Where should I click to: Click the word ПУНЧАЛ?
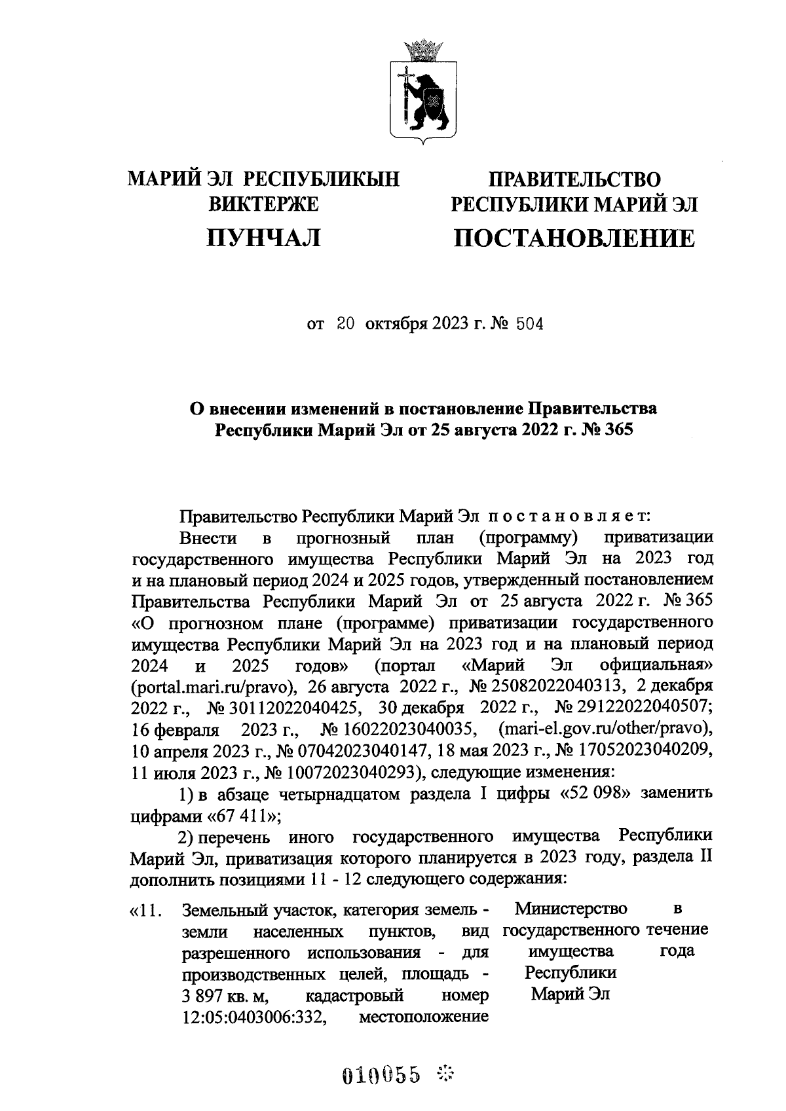coord(263,238)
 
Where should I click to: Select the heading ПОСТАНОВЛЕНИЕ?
coord(574,238)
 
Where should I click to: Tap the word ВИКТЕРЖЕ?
coord(263,204)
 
